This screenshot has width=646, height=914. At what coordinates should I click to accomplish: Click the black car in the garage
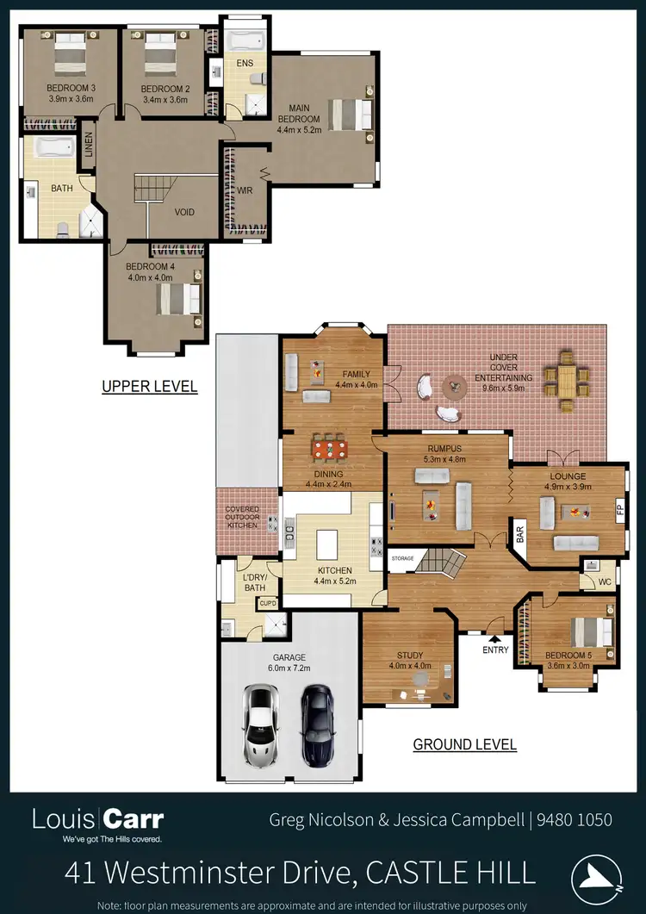pos(317,724)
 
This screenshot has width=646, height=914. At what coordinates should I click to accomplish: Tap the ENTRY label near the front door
pos(496,650)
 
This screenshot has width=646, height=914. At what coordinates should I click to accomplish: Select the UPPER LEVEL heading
pos(149,387)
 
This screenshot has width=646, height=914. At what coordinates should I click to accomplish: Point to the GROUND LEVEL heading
pos(465,744)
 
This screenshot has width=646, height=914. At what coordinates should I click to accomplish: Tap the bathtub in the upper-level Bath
pos(56,148)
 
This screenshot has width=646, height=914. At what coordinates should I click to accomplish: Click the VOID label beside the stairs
pos(184,212)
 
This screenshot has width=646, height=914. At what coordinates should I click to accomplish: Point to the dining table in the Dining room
pos(331,450)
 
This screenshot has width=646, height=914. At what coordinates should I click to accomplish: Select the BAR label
pos(520,534)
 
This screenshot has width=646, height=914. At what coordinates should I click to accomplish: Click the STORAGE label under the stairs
pos(403,559)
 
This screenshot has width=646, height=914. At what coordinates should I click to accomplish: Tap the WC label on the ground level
pos(604,581)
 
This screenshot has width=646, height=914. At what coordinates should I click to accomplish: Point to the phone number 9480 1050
pos(575,820)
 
